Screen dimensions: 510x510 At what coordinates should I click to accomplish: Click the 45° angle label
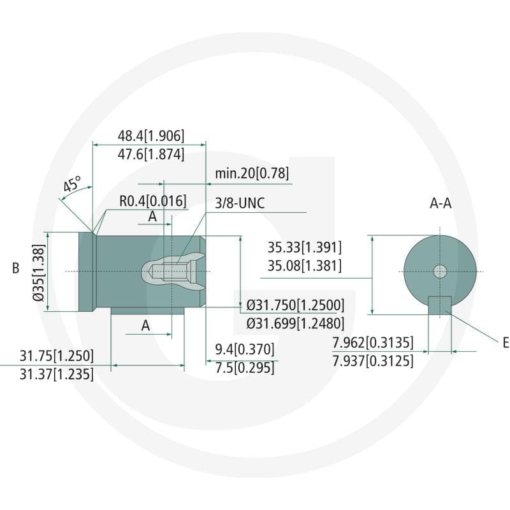[72, 184]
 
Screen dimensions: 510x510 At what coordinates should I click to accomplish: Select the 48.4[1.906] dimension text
[151, 136]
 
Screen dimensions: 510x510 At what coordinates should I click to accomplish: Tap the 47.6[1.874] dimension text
[151, 154]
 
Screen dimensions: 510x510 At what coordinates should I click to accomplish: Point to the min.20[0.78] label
[252, 173]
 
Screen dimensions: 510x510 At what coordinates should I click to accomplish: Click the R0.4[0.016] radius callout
[153, 201]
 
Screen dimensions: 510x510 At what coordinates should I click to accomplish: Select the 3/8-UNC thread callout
[240, 203]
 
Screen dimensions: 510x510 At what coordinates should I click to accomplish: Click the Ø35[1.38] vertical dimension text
[39, 273]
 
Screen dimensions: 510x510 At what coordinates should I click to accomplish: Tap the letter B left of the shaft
[15, 268]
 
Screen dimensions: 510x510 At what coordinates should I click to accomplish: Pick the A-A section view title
[441, 203]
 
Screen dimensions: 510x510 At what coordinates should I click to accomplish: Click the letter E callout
[506, 343]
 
